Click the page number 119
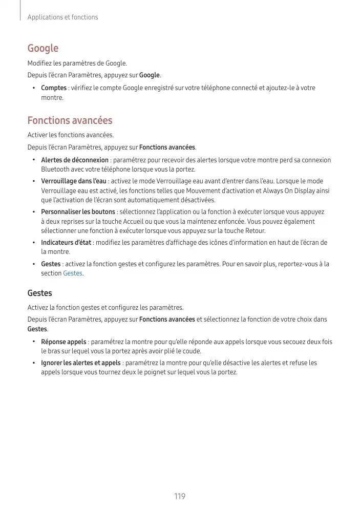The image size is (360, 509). pos(179,496)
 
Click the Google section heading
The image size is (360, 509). pos(43,48)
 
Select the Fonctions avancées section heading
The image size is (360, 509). pos(70,121)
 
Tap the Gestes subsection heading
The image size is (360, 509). pos(39,293)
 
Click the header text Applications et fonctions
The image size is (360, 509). pos(62,17)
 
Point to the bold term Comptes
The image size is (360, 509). pos(54,88)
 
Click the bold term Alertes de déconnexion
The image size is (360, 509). pos(75,160)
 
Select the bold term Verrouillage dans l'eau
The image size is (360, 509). pos(74,181)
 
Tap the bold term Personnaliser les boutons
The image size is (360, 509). pos(78,211)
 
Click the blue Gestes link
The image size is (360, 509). pos(72,273)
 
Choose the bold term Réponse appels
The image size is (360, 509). pos(63,342)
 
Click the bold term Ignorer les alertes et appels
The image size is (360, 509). pos(81,363)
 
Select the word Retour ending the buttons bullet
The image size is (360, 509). pos(255,231)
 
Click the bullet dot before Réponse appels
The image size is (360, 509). pos(33,342)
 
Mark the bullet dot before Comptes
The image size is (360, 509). pos(33,88)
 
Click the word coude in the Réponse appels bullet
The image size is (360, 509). pos(192,351)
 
